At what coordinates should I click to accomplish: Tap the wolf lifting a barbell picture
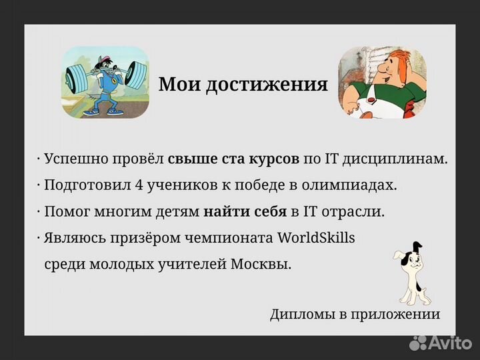(105, 83)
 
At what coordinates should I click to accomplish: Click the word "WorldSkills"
(316, 237)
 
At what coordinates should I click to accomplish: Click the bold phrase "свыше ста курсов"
(233, 160)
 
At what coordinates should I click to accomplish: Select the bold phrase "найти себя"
(245, 212)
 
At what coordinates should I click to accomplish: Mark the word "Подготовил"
(78, 186)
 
